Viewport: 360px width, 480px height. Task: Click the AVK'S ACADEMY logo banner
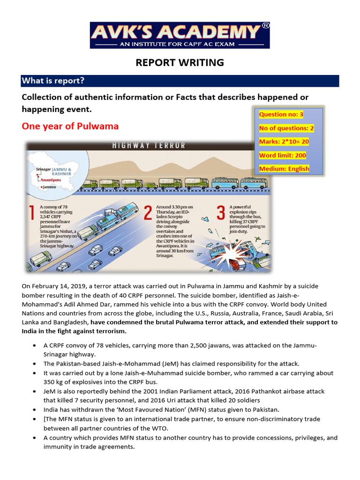click(x=180, y=35)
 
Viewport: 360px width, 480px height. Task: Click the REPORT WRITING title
click(x=180, y=62)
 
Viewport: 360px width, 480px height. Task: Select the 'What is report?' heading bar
click(x=180, y=81)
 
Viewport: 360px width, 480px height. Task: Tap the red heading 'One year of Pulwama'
click(x=70, y=126)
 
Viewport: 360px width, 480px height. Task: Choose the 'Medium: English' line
click(x=284, y=169)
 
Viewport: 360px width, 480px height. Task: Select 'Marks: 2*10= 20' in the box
click(x=284, y=142)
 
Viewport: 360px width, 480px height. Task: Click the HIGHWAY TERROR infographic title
click(x=149, y=146)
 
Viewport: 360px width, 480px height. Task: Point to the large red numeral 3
click(x=221, y=214)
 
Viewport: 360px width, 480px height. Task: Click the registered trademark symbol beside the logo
click(x=265, y=26)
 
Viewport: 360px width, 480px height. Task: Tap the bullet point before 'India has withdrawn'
click(x=36, y=409)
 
